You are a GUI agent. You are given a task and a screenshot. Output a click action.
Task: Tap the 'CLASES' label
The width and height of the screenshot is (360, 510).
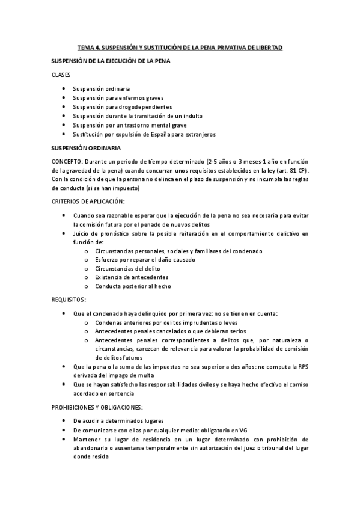(x=61, y=75)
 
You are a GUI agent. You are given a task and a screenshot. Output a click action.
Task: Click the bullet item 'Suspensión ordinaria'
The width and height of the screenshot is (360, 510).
(x=101, y=88)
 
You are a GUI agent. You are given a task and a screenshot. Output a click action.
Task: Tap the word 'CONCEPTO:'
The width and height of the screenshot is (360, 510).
(x=68, y=161)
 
